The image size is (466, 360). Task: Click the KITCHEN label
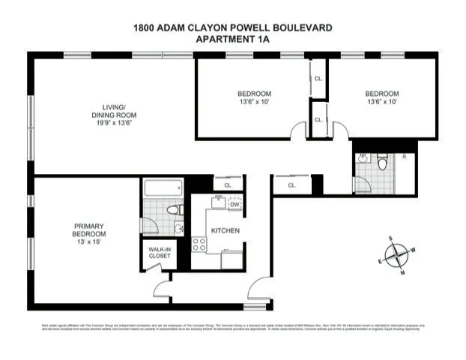point(225,230)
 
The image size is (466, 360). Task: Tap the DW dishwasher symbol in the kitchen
point(234,204)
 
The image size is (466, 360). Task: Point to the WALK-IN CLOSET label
point(159,253)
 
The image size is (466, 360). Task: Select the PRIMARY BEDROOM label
point(88,229)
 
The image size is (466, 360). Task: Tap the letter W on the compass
point(413,250)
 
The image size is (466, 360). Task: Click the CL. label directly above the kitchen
point(228,184)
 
